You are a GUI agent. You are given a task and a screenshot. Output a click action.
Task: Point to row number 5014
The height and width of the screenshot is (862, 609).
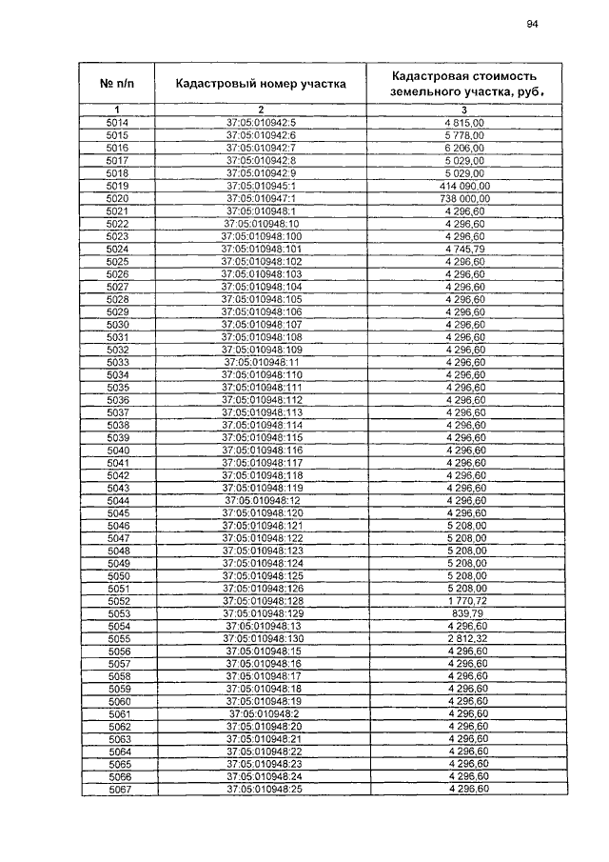click(x=118, y=123)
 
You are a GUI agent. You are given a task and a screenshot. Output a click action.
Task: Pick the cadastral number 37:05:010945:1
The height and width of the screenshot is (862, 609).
click(x=261, y=185)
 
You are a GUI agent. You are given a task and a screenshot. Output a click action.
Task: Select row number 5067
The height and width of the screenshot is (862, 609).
click(x=118, y=790)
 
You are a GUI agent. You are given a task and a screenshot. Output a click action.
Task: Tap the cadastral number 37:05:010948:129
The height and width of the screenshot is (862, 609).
click(x=261, y=613)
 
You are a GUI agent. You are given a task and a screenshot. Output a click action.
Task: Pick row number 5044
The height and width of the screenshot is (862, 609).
click(x=118, y=500)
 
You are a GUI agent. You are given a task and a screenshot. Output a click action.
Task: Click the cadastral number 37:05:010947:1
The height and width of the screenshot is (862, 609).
click(x=261, y=197)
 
